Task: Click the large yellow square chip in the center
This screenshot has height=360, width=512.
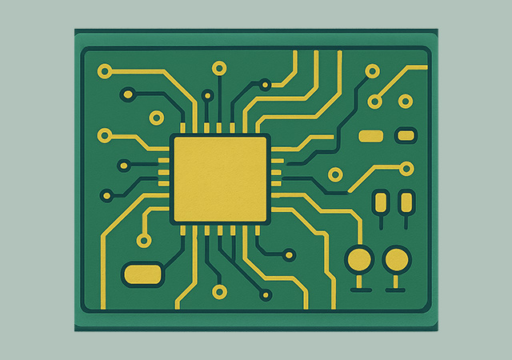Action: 220,179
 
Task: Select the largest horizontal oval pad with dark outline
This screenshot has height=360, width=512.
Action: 142,274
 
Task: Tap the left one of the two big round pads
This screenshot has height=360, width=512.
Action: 359,259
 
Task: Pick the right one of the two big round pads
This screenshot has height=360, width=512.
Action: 396,259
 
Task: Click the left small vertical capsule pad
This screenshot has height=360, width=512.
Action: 381,200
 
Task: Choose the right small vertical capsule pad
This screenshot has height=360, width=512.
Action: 406,200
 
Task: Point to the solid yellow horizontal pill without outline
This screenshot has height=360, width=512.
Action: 370,136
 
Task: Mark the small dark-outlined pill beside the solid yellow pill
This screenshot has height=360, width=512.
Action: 406,135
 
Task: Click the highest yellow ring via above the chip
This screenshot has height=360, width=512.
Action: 218,69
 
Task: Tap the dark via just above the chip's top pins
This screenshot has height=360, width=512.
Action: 208,96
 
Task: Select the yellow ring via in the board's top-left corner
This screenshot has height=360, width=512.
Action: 103,71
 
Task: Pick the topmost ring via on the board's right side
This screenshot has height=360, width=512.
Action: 372,71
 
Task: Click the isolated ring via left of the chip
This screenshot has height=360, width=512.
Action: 156,118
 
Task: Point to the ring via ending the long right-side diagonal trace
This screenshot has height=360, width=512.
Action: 406,169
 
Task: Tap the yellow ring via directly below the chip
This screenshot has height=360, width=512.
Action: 218,289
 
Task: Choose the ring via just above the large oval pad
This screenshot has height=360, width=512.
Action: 144,240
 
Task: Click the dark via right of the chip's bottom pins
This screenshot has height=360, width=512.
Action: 288,256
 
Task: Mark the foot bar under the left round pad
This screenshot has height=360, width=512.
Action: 359,287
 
